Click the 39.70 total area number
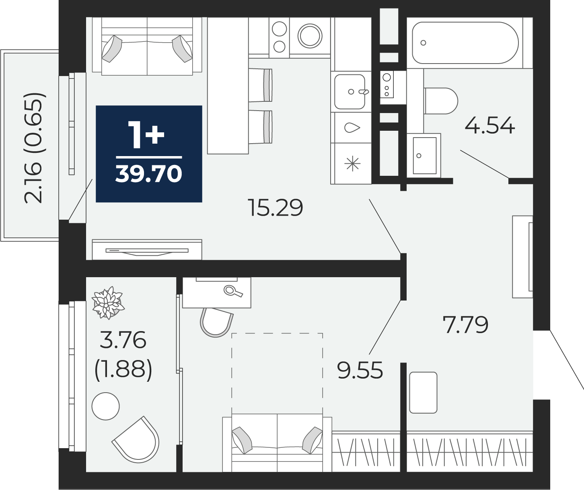[149, 174]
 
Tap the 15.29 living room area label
[276, 208]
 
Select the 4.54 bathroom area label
[490, 125]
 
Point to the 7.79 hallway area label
[466, 325]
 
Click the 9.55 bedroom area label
[360, 370]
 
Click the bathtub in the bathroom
[465, 43]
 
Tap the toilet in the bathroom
[440, 101]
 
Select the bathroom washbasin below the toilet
[424, 156]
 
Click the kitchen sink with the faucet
[350, 91]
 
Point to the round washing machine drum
[310, 36]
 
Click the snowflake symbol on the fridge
[352, 163]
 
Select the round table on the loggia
[105, 406]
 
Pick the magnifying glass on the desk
[233, 291]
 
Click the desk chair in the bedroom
[216, 322]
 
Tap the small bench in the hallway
[423, 392]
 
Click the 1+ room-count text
[146, 135]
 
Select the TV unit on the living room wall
[147, 249]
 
